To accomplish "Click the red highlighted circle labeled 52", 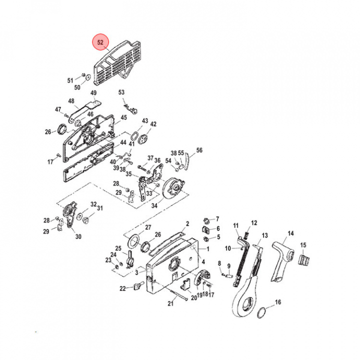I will [x=100, y=43].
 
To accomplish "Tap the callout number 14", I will [x=291, y=233].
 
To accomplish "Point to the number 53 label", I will [x=121, y=92].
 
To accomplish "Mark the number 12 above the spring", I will [x=253, y=223].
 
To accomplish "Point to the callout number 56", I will [x=199, y=150].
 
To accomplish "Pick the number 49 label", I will [x=93, y=93].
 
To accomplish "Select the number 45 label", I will [x=123, y=118].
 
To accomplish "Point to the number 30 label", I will [x=77, y=237].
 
